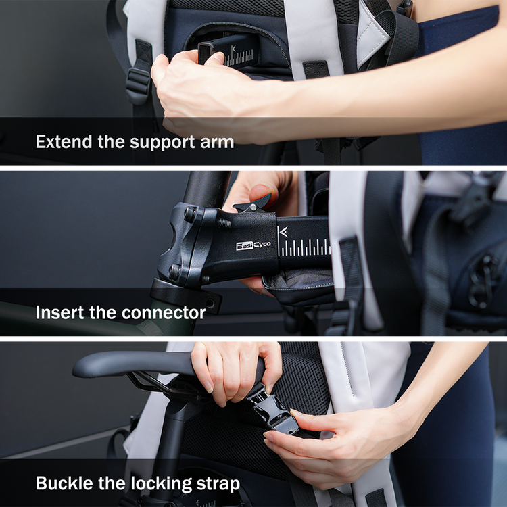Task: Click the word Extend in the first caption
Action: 64,142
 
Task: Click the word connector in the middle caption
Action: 164,313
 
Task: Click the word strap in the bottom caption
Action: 218,485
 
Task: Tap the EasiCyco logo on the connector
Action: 254,245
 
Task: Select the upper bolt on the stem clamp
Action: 190,214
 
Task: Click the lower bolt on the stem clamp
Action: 174,272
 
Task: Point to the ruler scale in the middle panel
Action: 305,247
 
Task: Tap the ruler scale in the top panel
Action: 239,59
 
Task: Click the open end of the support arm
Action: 205,53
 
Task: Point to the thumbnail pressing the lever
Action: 261,192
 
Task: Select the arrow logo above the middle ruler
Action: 283,232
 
